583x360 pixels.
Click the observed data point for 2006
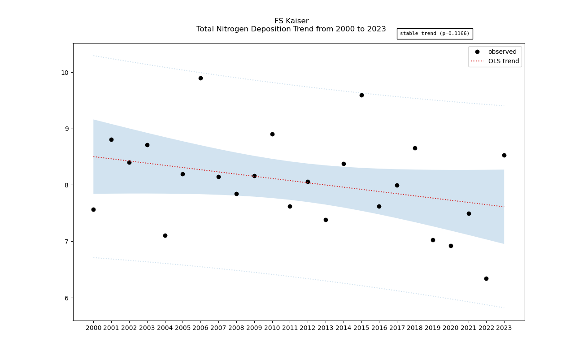click(200, 78)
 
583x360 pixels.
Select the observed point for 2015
click(361, 95)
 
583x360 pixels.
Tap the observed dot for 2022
click(486, 278)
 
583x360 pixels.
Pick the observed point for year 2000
click(93, 209)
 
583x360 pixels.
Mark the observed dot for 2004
click(165, 235)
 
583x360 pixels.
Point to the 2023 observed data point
click(504, 155)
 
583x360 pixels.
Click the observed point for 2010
click(272, 134)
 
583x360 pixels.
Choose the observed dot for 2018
click(415, 148)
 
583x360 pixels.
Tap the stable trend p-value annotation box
click(435, 34)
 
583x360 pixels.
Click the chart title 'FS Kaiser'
click(291, 21)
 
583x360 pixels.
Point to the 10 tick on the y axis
click(65, 73)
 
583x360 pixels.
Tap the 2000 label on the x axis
click(93, 328)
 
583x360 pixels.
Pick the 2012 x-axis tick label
click(308, 328)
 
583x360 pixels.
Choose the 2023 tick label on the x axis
click(504, 328)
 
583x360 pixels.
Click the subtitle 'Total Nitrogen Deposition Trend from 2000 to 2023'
click(291, 29)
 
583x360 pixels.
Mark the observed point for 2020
click(451, 246)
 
